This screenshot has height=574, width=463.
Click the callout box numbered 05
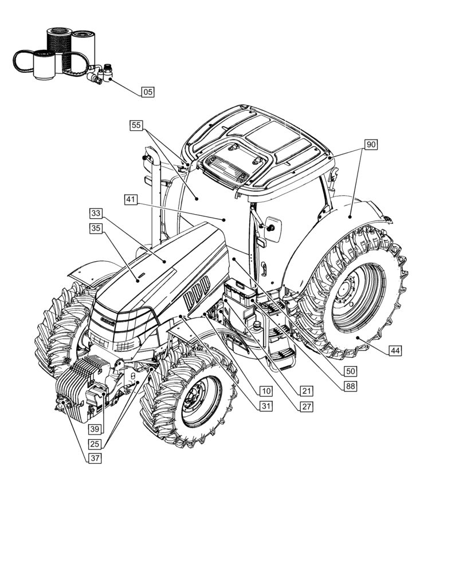148,91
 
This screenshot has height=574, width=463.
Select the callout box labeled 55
136,125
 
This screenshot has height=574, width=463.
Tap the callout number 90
371,145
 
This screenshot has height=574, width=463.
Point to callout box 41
131,200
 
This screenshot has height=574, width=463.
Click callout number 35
96,228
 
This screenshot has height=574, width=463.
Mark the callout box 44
395,350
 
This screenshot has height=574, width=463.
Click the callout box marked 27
307,406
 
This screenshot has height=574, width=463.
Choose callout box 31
265,406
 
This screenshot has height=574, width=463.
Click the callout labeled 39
95,429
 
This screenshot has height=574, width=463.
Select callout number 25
95,443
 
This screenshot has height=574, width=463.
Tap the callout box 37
95,458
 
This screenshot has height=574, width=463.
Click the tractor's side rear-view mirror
271,228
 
